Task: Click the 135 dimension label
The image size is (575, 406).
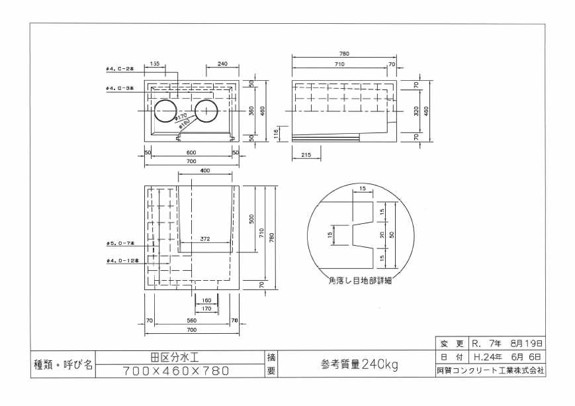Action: (155, 64)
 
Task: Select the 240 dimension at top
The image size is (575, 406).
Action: (222, 64)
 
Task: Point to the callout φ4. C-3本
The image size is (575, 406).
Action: (120, 88)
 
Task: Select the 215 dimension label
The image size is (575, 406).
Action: (306, 154)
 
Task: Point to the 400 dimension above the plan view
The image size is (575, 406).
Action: (205, 171)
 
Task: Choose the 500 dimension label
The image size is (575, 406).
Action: (251, 219)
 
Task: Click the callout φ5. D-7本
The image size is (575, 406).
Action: (120, 243)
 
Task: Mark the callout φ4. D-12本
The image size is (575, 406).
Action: (122, 260)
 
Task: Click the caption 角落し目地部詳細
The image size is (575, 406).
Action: (361, 281)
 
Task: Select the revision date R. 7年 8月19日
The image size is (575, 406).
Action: (507, 344)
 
